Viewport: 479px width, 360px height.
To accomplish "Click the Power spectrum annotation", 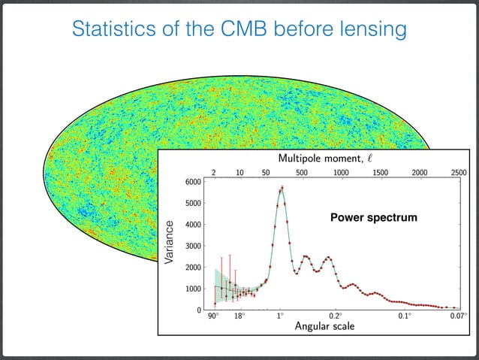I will click(373, 218).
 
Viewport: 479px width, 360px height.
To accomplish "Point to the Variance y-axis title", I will click(170, 242).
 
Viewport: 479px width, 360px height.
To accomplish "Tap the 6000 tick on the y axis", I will click(192, 182).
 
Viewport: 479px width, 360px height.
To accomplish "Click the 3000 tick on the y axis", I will click(192, 246).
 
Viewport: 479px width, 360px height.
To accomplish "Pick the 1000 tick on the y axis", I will click(192, 289).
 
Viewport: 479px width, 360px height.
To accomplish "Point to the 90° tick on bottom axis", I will click(214, 316).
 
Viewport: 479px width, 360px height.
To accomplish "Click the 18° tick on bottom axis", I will click(239, 316).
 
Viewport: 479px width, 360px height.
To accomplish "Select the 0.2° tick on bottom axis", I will click(335, 316).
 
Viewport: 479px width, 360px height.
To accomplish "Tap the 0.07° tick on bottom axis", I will click(456, 316).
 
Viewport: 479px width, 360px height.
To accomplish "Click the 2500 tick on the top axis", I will click(458, 172).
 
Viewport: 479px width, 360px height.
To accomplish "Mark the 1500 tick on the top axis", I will click(380, 172).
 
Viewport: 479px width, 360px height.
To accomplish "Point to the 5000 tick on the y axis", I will click(192, 203).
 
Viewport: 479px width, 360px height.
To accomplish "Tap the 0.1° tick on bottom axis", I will click(404, 316).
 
